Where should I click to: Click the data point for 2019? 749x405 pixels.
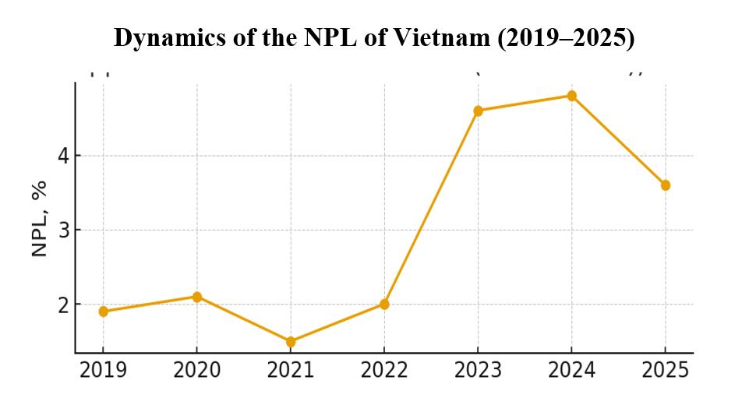(x=104, y=312)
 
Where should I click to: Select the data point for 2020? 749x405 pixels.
(x=197, y=297)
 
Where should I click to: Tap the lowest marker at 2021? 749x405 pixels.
(x=291, y=341)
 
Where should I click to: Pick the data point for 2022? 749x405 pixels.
(x=384, y=304)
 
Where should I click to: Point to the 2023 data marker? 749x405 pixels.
(x=478, y=111)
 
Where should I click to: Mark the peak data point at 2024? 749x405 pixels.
(x=571, y=96)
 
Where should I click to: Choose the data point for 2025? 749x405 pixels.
(x=665, y=185)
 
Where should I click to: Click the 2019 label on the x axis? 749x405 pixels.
(x=104, y=371)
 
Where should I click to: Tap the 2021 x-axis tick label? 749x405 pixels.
(x=291, y=371)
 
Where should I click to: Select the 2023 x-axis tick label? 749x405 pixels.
(x=478, y=371)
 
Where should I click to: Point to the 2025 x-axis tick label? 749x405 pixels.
(x=665, y=371)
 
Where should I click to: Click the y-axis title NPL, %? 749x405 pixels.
(x=39, y=219)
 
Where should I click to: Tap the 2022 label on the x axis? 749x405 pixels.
(x=384, y=371)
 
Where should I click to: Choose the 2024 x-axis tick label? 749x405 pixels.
(x=571, y=371)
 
